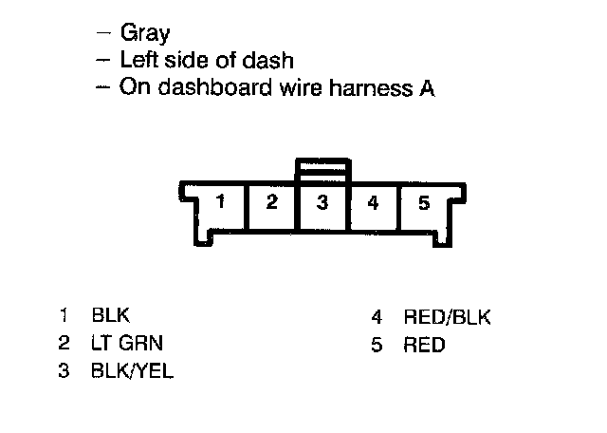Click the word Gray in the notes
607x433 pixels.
click(x=145, y=34)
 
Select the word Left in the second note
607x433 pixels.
click(x=139, y=61)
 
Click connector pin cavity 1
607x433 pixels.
click(x=220, y=203)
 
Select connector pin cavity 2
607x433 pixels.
click(x=271, y=203)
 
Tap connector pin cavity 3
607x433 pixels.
click(x=322, y=203)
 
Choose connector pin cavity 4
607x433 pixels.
click(x=374, y=203)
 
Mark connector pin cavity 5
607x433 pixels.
click(x=424, y=203)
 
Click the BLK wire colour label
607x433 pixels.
click(x=110, y=316)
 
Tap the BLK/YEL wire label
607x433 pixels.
click(x=133, y=370)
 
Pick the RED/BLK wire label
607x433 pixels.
click(x=447, y=318)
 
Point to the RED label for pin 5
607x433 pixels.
click(x=424, y=345)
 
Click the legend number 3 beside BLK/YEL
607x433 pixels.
click(x=64, y=370)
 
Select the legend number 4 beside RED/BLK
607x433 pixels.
click(x=376, y=318)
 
